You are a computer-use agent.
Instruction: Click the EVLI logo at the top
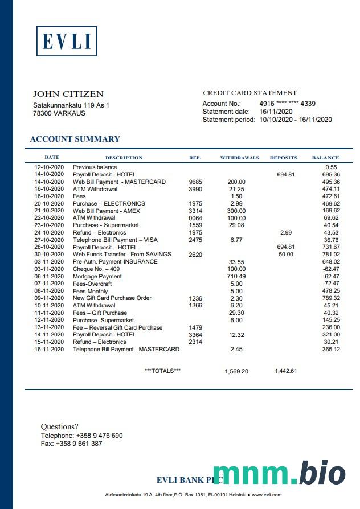point(67,41)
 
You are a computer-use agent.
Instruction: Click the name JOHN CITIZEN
point(68,94)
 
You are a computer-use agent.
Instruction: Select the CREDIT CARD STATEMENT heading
point(249,93)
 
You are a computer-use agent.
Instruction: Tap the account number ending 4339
point(287,104)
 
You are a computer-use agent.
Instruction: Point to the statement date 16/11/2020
point(276,112)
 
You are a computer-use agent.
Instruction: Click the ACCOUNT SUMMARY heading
point(75,139)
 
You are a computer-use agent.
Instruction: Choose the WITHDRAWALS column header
point(239,158)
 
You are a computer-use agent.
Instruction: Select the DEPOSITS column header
point(283,158)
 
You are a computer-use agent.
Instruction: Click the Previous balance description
point(95,167)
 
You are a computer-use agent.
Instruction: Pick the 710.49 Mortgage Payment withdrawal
point(236,276)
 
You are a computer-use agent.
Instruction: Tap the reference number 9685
point(195,182)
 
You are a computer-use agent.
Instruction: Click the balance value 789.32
point(331,298)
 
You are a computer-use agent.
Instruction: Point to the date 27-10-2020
point(49,240)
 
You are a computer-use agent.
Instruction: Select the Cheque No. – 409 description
point(96,269)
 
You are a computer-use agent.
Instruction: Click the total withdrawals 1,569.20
point(236,371)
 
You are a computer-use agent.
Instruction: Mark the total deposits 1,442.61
point(285,371)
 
